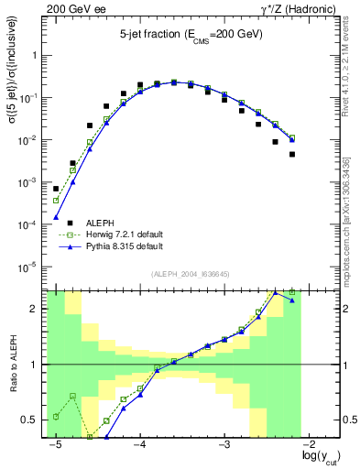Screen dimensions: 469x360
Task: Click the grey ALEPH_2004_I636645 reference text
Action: pos(190,275)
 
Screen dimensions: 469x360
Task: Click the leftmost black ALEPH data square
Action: pos(56,189)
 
